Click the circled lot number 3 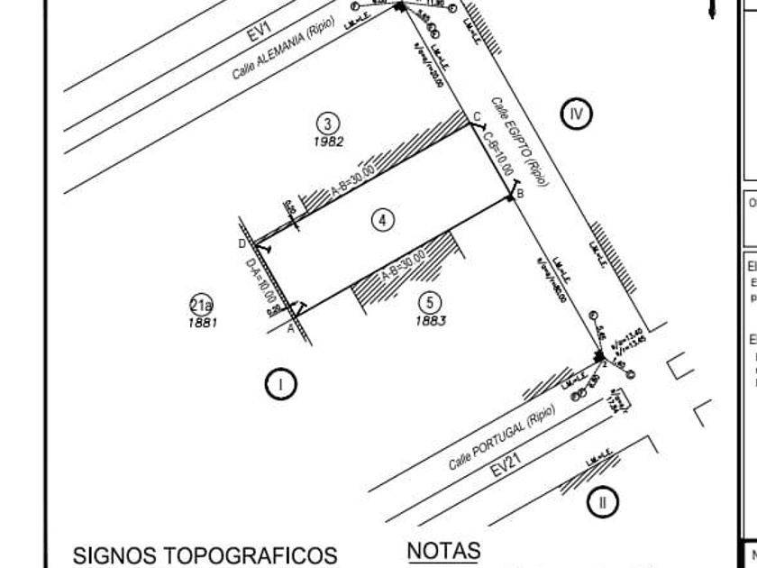pyautogui.click(x=328, y=124)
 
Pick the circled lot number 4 pyautogui.click(x=383, y=219)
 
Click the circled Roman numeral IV pyautogui.click(x=577, y=114)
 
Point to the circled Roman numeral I pyautogui.click(x=280, y=385)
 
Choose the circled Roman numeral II pyautogui.click(x=603, y=501)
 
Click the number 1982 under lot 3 pyautogui.click(x=328, y=142)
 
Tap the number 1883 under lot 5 pyautogui.click(x=431, y=320)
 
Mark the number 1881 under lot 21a pyautogui.click(x=203, y=322)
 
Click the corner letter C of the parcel pyautogui.click(x=478, y=115)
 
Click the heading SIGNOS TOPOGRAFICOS pyautogui.click(x=205, y=554)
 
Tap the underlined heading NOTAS pyautogui.click(x=443, y=550)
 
